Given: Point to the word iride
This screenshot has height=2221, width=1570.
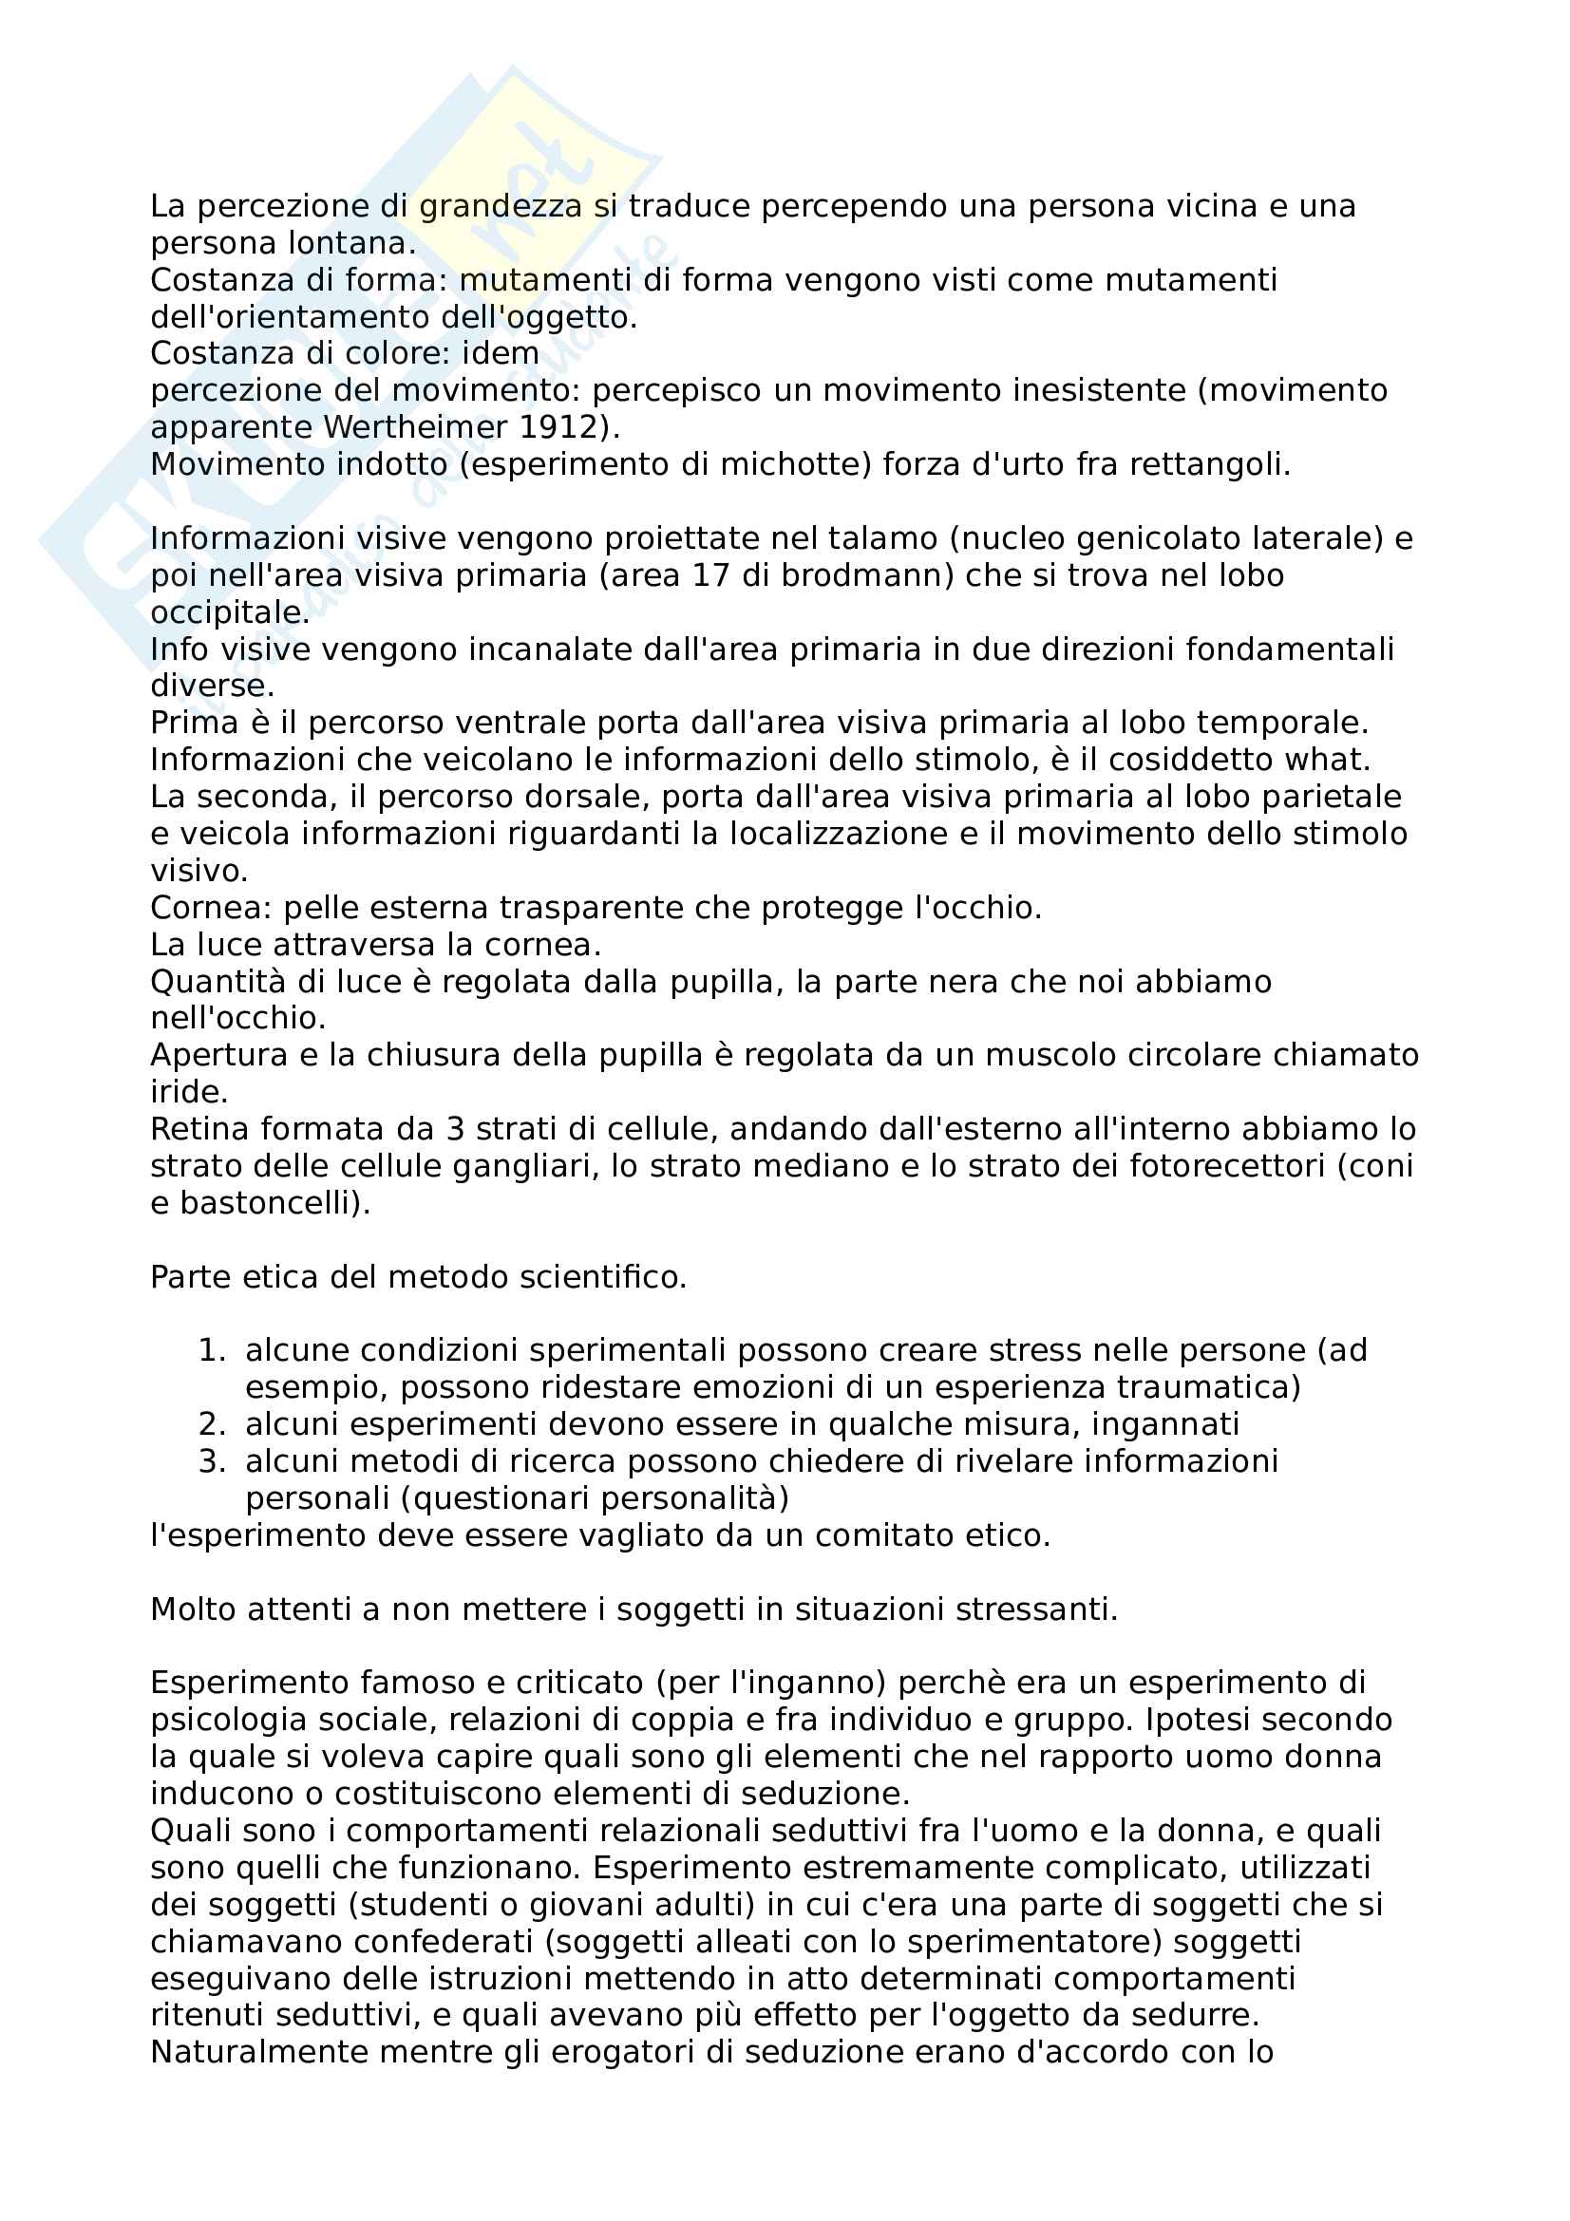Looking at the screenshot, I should pyautogui.click(x=189, y=1093).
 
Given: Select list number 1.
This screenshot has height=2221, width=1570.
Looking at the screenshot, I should pyautogui.click(x=211, y=1351).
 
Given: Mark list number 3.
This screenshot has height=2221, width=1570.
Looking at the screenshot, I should pyautogui.click(x=211, y=1461).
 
